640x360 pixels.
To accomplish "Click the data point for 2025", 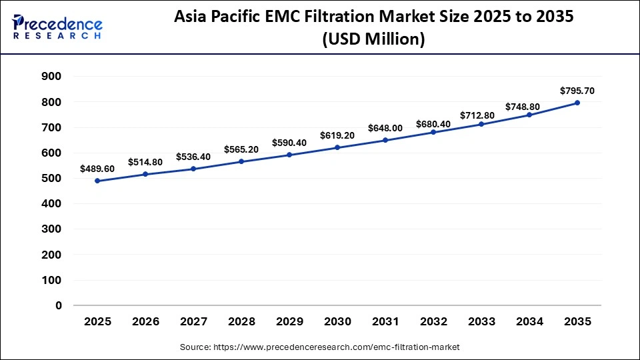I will pos(97,181).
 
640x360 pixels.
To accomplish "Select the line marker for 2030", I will pos(337,147).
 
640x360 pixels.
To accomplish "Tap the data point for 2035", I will pos(577,103).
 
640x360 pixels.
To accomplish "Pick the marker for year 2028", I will pos(241,161).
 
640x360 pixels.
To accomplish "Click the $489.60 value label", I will pos(97,169).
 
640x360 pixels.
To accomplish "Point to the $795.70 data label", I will pos(577,91).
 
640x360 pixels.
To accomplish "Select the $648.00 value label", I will pos(385,128).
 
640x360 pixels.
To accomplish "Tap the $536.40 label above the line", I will pos(193,157).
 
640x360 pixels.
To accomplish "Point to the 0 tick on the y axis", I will pos(58,306).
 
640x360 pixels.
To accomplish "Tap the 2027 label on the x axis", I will pos(193,321).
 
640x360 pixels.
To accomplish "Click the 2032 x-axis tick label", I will pos(433,321).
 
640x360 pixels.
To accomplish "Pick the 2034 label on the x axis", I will pos(529,321).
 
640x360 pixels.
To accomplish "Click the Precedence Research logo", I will pos(57,27).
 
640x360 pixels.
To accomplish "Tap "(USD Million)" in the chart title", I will pos(373,40).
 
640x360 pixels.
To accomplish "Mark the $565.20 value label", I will pos(241,150).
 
